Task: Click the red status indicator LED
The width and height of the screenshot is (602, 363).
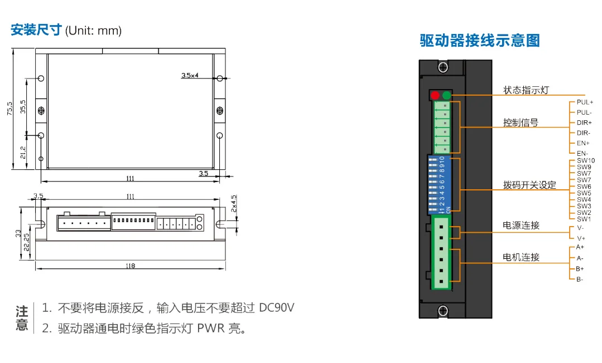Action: (435, 95)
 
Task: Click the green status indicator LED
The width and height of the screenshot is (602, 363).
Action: (446, 95)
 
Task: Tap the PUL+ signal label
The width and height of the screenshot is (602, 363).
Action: (585, 102)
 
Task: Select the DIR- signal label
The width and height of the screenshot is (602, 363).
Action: (584, 133)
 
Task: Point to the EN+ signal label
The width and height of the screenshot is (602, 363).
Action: (583, 143)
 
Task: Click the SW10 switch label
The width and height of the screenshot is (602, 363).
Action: (586, 160)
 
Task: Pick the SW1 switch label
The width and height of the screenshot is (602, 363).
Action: (584, 219)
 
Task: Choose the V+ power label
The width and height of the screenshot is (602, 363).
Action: (581, 238)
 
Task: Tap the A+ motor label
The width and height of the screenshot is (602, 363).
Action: (580, 247)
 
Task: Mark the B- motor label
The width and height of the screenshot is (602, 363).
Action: (580, 279)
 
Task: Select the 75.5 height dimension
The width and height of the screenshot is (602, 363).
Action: (9, 108)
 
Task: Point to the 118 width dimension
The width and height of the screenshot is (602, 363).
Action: (131, 266)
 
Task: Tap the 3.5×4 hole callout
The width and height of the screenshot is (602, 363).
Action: (190, 75)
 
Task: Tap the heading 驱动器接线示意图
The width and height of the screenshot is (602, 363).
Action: (480, 41)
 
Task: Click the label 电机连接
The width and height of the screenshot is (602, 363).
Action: (521, 257)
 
